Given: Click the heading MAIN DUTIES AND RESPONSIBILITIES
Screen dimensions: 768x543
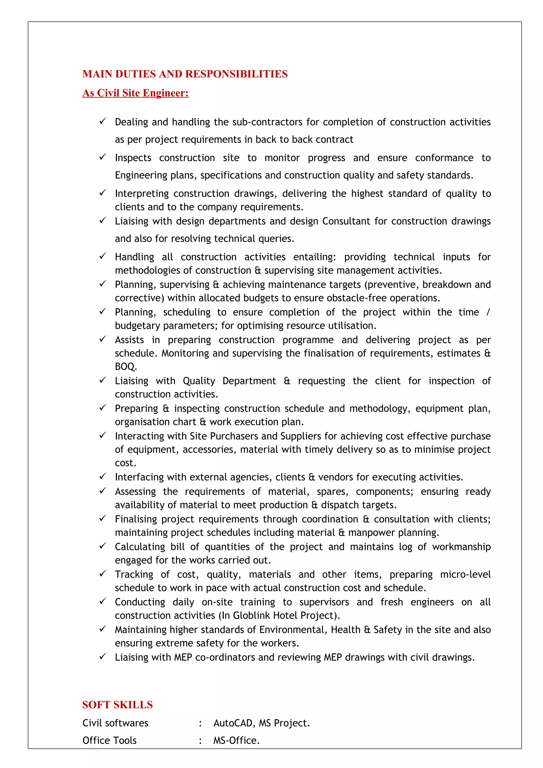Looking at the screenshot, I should pos(185,74).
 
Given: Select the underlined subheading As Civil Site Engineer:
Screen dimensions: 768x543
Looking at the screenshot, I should pos(135,93).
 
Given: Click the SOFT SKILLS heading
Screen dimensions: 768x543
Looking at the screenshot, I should pos(117,704).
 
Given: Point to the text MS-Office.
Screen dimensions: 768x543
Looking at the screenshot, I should pos(236,740).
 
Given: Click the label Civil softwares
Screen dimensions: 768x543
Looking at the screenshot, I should pos(115,723).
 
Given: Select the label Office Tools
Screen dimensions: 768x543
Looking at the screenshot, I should pos(110,740).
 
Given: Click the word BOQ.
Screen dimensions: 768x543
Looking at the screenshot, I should pos(125,367).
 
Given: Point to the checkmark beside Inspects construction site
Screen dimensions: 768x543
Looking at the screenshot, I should pos(103,157).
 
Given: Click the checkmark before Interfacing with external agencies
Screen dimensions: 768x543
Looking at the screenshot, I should pos(103,476).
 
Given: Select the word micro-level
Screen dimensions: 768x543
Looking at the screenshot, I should pos(465,574).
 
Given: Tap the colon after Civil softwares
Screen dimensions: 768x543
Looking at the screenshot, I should pos(200,723).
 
